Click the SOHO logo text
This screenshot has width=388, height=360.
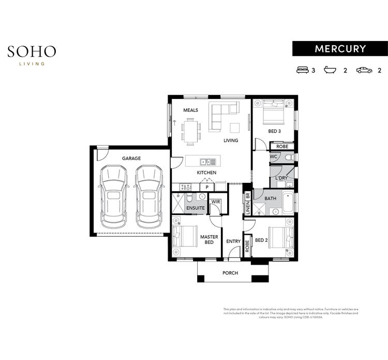(x=32, y=52)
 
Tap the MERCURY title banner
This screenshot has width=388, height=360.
(x=340, y=49)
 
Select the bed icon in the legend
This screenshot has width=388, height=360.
(x=302, y=70)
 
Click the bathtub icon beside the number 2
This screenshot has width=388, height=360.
(x=330, y=70)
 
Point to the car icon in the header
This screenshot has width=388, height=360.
(x=364, y=70)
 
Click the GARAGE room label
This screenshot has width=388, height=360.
(x=131, y=159)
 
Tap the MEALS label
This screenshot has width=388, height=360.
(x=190, y=110)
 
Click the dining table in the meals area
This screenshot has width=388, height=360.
(x=191, y=131)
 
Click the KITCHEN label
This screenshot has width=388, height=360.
(x=206, y=172)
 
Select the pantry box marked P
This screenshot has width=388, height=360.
(x=207, y=187)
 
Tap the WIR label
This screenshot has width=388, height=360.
(x=215, y=201)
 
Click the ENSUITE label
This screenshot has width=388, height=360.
(x=195, y=208)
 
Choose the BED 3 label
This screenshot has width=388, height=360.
(x=274, y=132)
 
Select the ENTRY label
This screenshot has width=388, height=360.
(x=233, y=241)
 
